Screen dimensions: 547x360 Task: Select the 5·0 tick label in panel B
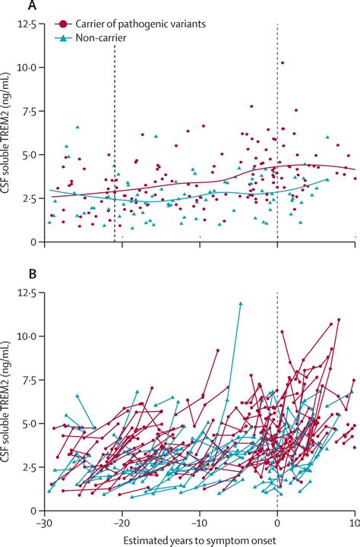point(30,423)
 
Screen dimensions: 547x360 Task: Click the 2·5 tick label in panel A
point(30,198)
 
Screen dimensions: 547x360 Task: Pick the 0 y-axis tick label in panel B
point(35,511)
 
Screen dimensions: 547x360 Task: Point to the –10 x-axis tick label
point(199,524)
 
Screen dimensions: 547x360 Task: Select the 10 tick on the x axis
point(354,524)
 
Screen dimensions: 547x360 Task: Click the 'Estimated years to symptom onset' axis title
point(200,539)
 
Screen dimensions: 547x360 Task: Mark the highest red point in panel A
point(283,63)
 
